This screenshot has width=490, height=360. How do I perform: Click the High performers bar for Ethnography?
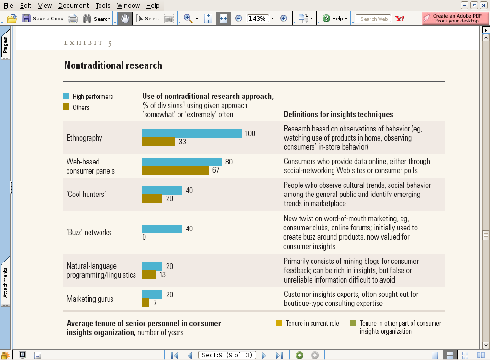coord(191,133)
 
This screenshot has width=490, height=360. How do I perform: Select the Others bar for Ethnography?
coord(158,142)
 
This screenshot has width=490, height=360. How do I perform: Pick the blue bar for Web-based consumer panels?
coord(182,162)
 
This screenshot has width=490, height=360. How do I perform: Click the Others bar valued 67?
coord(175,170)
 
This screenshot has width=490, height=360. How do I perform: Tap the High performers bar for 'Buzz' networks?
coord(162,229)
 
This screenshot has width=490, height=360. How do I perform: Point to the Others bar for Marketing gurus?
coord(146,303)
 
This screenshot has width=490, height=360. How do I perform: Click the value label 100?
coord(250,134)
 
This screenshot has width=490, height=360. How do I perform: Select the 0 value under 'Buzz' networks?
coord(144,237)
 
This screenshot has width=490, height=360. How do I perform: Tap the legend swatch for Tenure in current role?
coord(279,323)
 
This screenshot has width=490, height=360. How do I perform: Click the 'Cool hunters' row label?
coord(86,194)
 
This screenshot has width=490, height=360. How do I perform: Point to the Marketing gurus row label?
coord(90,299)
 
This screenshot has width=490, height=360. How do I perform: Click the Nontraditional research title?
coord(113,65)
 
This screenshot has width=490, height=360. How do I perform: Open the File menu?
coord(8,5)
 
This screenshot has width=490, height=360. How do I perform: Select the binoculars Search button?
coord(97,19)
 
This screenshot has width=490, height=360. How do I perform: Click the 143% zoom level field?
coord(257,19)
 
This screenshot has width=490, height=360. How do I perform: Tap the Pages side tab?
coord(5,45)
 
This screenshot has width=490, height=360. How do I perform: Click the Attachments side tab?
coord(5,283)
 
